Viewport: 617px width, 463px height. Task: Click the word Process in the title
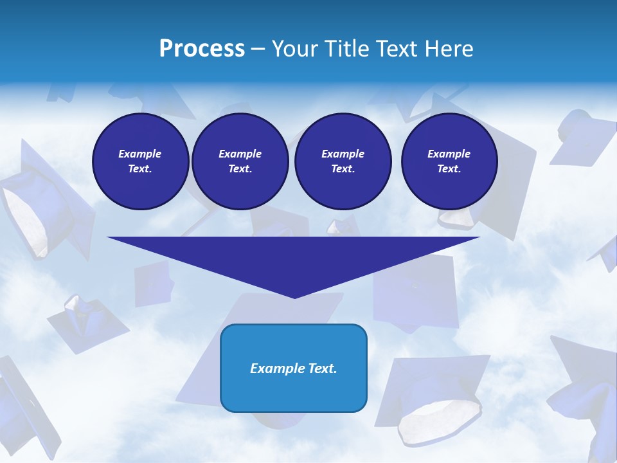click(202, 49)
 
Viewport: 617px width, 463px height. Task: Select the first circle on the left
click(140, 161)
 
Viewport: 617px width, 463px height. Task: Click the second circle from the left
click(240, 161)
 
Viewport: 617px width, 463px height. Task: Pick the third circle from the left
click(343, 161)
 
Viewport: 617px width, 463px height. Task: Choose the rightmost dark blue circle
click(449, 161)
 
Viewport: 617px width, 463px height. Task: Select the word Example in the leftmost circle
click(140, 154)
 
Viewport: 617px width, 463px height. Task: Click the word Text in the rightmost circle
click(449, 169)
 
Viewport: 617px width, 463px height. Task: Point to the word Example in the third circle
click(343, 154)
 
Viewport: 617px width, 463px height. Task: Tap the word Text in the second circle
click(240, 169)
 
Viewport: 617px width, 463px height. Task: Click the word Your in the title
click(292, 49)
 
